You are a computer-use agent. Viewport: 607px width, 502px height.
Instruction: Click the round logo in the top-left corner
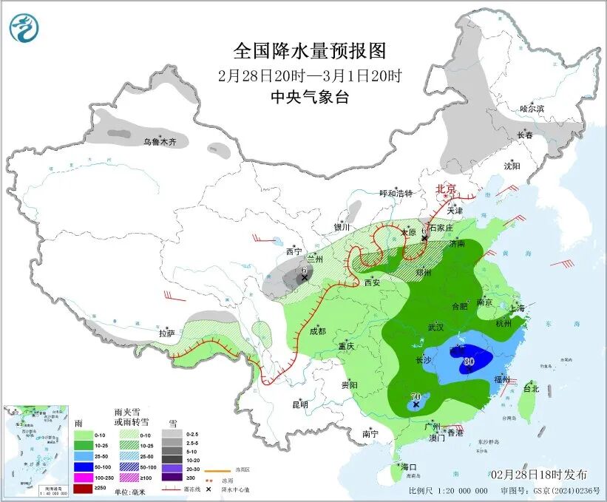[x=24, y=28]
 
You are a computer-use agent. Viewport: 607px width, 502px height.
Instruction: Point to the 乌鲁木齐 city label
[x=160, y=140]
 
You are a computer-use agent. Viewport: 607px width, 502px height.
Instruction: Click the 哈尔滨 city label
[x=531, y=109]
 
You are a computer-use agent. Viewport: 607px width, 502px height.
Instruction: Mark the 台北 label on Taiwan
[x=531, y=388]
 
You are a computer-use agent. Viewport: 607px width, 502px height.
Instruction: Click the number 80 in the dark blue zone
[x=467, y=362]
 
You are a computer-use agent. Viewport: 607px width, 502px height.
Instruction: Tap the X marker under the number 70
[x=416, y=405]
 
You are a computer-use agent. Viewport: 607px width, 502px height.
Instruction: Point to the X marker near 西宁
[x=304, y=277]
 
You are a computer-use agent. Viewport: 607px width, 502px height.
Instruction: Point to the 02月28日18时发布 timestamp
[x=538, y=474]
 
